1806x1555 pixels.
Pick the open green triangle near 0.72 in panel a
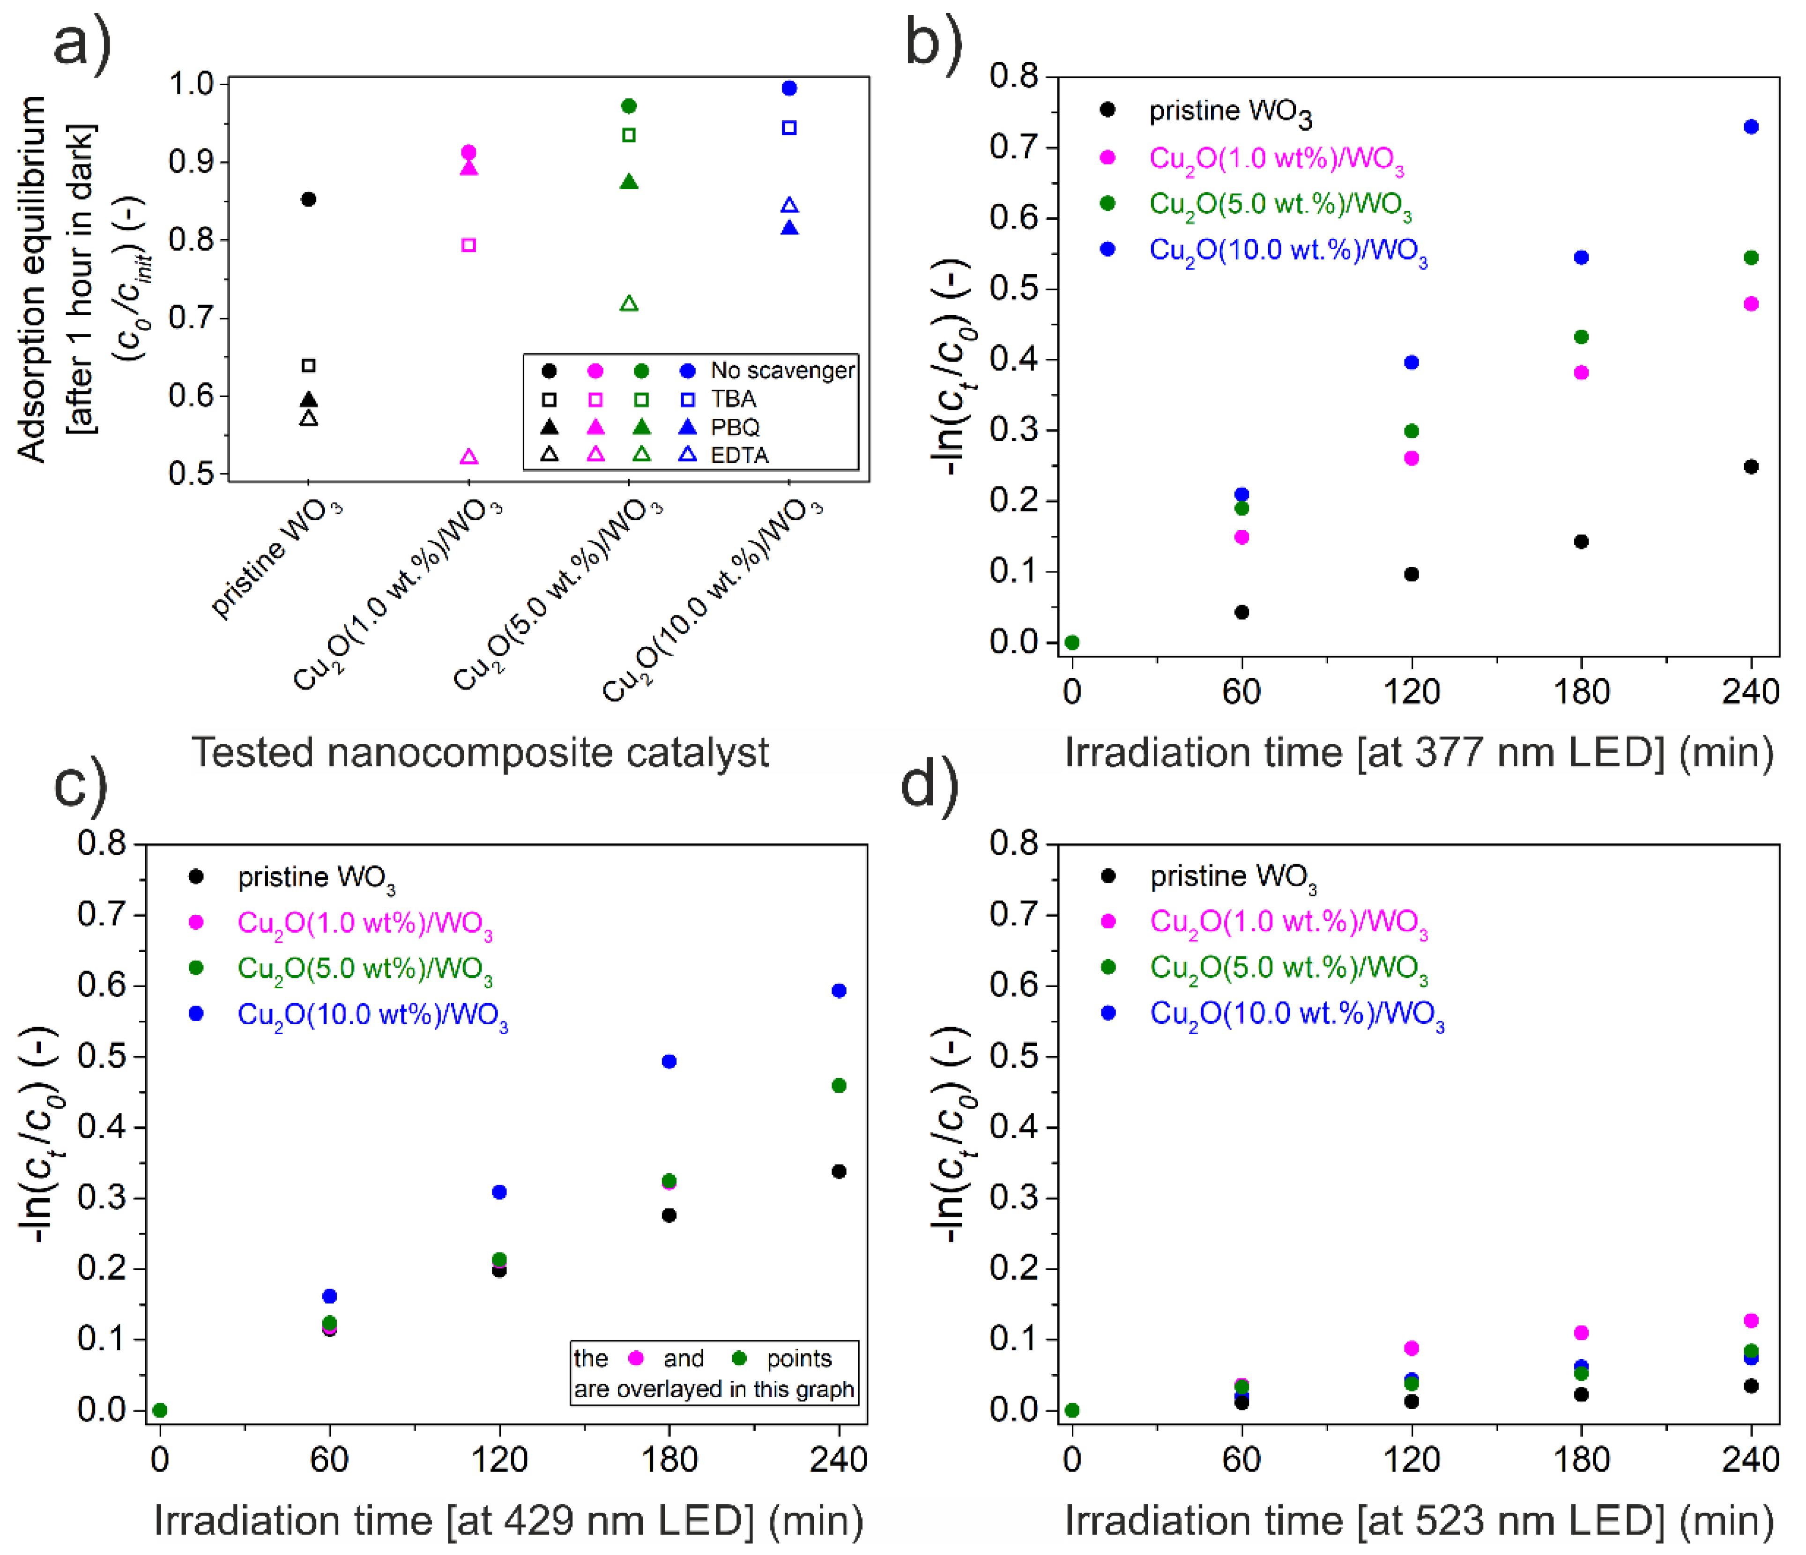628,304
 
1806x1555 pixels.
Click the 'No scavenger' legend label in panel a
782,370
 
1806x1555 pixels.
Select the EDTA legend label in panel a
739,455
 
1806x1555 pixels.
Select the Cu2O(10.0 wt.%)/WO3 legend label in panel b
1288,251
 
